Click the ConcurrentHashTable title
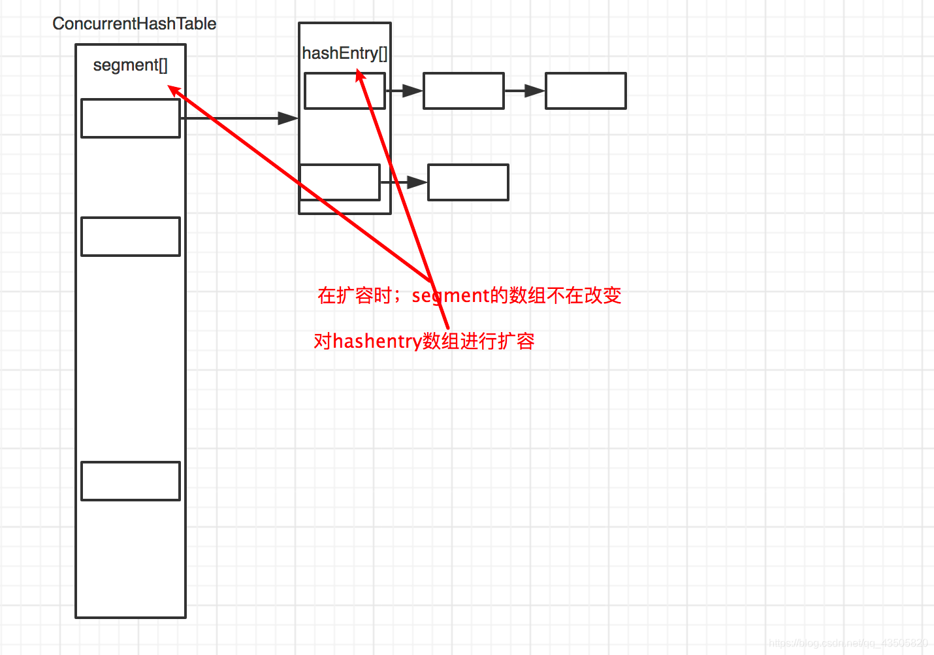pyautogui.click(x=134, y=24)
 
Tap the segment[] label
pyautogui.click(x=130, y=65)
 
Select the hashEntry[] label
pyautogui.click(x=344, y=53)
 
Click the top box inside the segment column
pyautogui.click(x=130, y=118)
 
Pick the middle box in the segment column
pyautogui.click(x=130, y=237)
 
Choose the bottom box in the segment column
pyautogui.click(x=130, y=481)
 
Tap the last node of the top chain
pyautogui.click(x=585, y=91)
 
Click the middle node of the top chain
pyautogui.click(x=463, y=91)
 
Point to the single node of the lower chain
pyautogui.click(x=468, y=182)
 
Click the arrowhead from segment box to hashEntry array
pyautogui.click(x=288, y=118)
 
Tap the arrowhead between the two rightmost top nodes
pyautogui.click(x=534, y=91)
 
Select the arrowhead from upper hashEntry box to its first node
pyautogui.click(x=411, y=91)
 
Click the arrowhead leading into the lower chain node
pyautogui.click(x=417, y=182)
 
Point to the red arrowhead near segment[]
pyautogui.click(x=174, y=90)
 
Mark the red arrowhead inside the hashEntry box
pyautogui.click(x=360, y=76)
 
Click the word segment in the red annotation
pyautogui.click(x=450, y=295)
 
